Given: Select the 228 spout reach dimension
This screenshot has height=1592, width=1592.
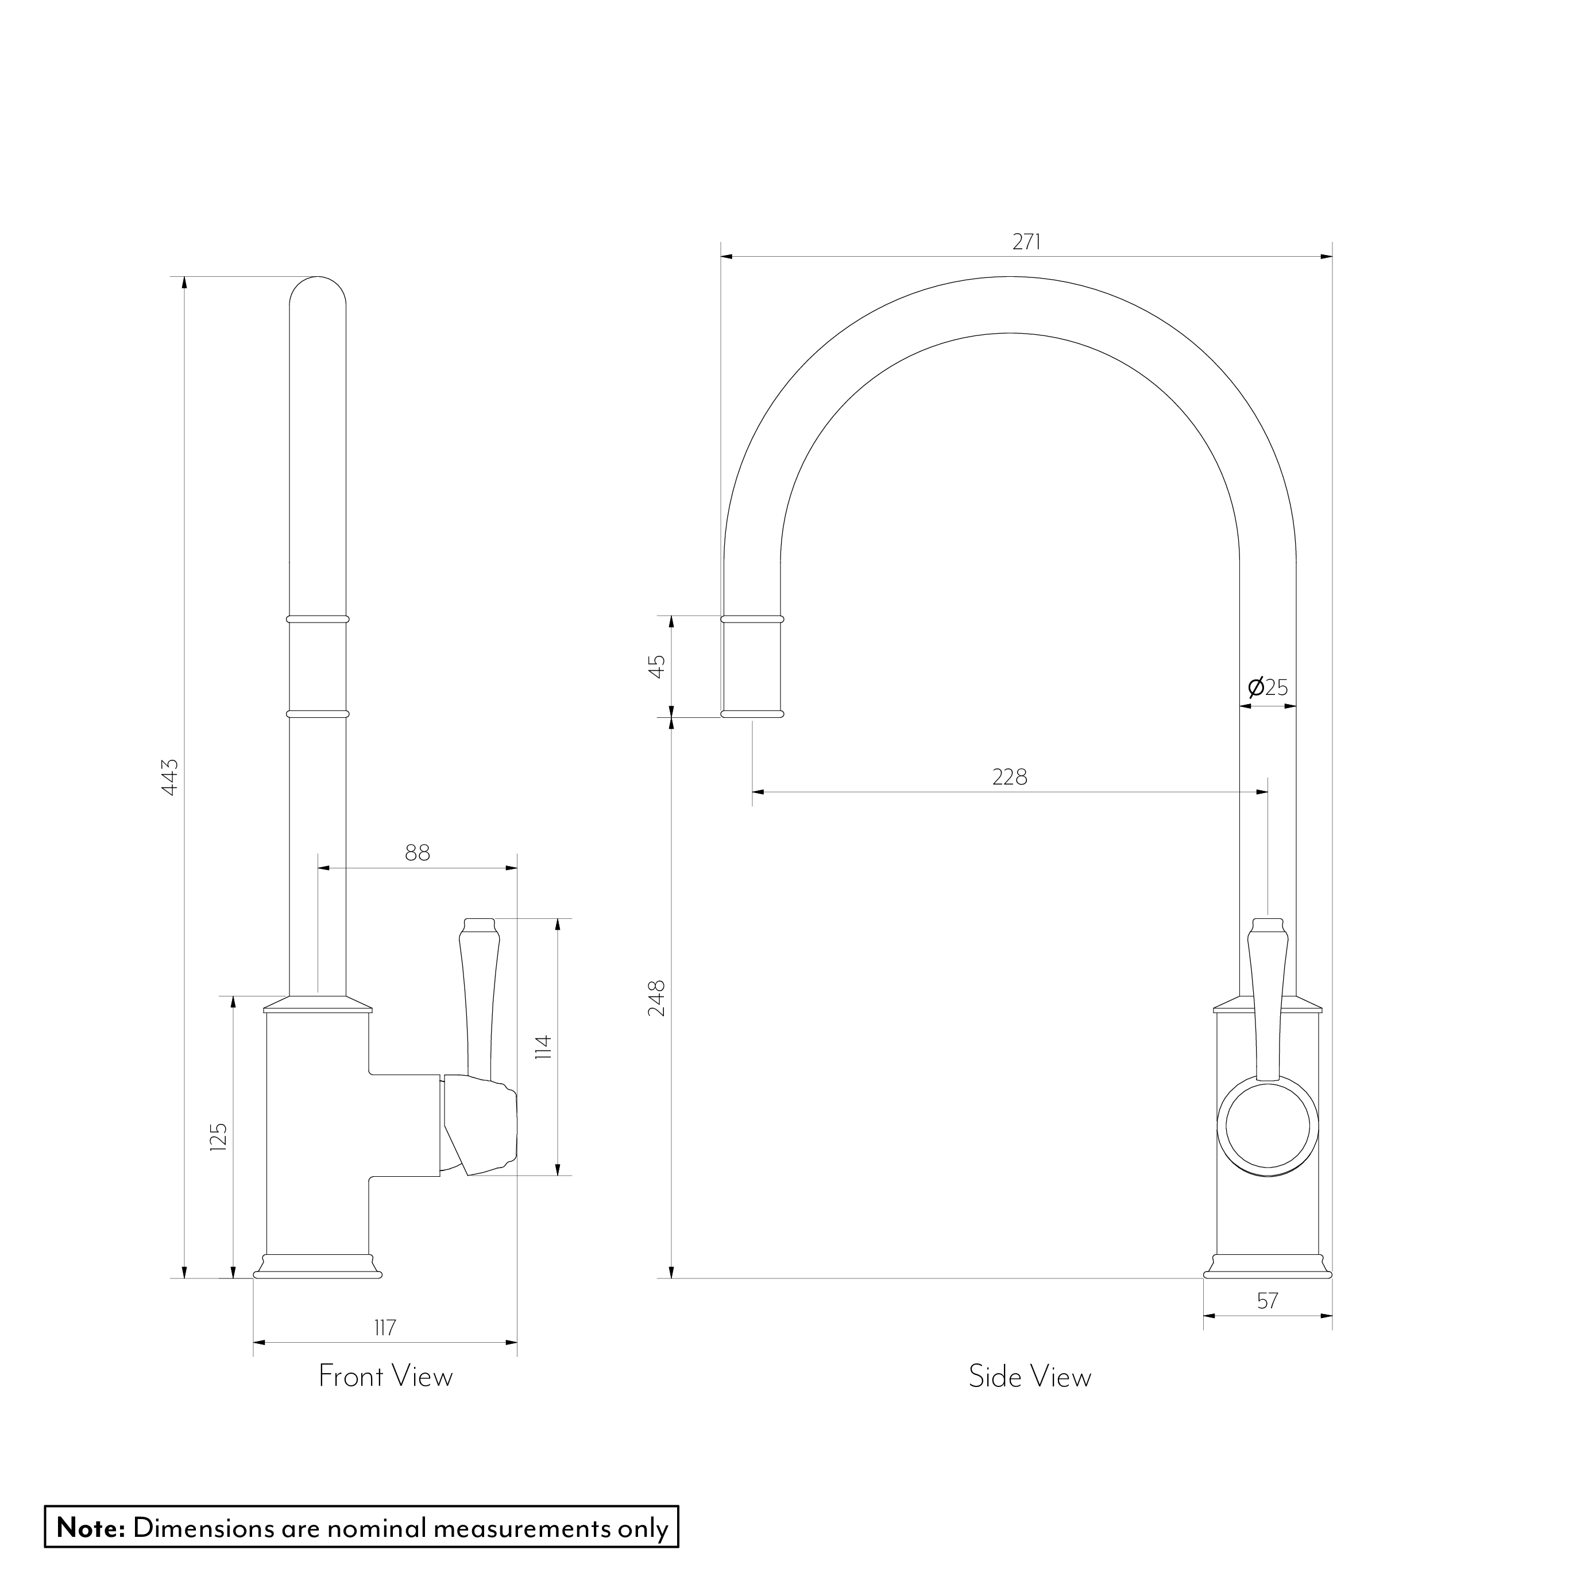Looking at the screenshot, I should pos(1010,777).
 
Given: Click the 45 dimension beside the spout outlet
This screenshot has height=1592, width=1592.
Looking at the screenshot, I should pos(657,666).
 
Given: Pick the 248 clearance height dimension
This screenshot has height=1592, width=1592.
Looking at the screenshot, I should pos(657,998).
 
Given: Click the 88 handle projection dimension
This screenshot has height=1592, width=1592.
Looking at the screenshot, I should pos(418,853).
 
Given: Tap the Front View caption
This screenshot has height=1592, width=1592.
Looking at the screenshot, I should pos(385,1376).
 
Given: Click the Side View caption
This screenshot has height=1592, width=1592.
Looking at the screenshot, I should pos(1030,1376).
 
